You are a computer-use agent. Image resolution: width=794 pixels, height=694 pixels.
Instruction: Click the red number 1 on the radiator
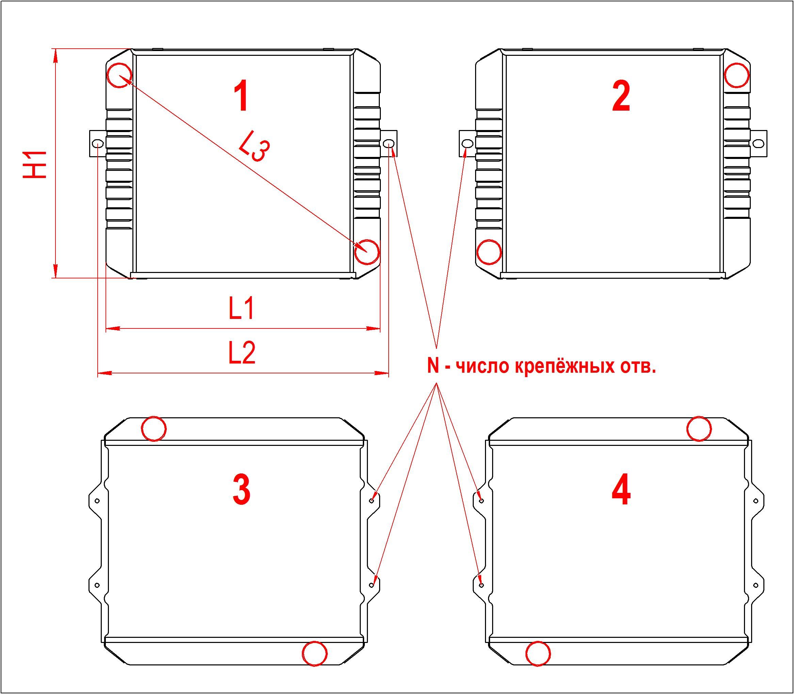[x=242, y=96]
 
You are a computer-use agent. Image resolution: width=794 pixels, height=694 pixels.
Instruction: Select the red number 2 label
[x=621, y=96]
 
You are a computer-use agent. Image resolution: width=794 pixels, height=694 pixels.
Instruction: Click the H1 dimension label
[x=35, y=165]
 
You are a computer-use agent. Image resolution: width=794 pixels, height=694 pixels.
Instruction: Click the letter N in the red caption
[x=433, y=366]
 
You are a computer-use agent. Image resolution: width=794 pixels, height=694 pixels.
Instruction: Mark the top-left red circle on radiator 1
[x=119, y=75]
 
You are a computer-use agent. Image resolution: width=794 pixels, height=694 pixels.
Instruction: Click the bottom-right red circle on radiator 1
[x=367, y=252]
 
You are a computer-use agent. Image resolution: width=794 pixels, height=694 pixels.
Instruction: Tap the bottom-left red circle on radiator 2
[x=489, y=252]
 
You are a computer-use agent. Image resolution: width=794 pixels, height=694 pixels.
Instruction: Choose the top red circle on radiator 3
[x=154, y=429]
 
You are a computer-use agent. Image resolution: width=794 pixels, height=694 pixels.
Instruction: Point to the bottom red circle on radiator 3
[x=315, y=654]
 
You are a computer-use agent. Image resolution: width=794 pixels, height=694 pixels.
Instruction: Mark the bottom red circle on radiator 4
[x=538, y=654]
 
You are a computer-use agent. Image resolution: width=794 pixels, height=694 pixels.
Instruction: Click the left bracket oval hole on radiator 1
[x=98, y=144]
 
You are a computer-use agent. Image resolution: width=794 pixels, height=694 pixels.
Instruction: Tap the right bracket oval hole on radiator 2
[x=758, y=144]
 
